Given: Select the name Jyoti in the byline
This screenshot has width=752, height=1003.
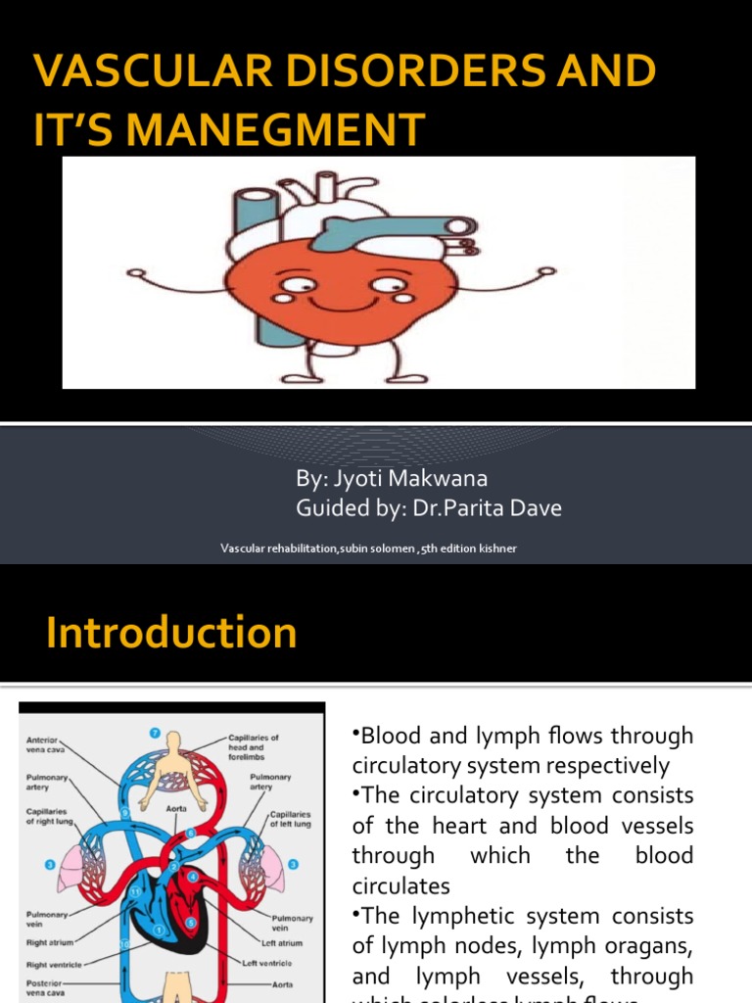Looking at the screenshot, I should [369, 479].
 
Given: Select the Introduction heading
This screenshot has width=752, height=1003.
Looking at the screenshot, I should [171, 633].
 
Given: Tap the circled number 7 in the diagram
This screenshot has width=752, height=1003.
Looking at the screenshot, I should [154, 732].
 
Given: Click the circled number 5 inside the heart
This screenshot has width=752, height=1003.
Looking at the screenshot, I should [191, 922].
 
